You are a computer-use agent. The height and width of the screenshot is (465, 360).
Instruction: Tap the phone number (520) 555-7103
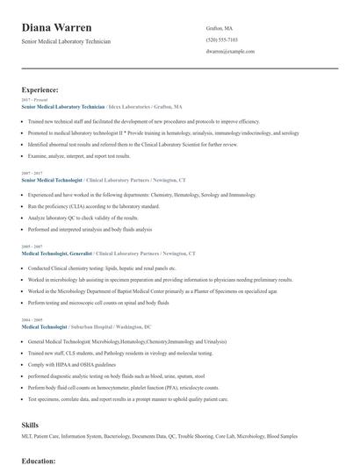pos(222,40)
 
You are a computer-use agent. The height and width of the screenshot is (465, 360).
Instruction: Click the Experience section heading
pos(40,89)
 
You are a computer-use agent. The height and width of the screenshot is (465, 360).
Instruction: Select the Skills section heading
pos(30,424)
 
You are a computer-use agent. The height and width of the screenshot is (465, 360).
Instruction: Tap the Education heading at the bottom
pos(39,460)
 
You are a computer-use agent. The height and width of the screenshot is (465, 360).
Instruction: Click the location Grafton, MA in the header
pos(219,28)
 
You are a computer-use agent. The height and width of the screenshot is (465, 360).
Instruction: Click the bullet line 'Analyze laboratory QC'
pos(83,216)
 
